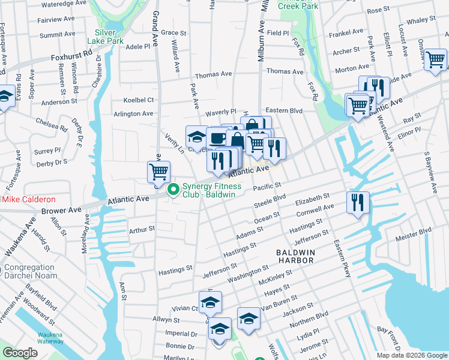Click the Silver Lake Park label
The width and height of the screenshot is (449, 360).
click(x=109, y=37)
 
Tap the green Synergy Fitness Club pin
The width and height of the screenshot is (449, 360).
click(x=174, y=190)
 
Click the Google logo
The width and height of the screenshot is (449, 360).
click(x=19, y=352)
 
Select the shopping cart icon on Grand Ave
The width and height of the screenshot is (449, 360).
click(x=158, y=172)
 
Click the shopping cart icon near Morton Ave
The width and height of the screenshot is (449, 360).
click(x=435, y=59)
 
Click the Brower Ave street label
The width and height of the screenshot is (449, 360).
click(x=59, y=211)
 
